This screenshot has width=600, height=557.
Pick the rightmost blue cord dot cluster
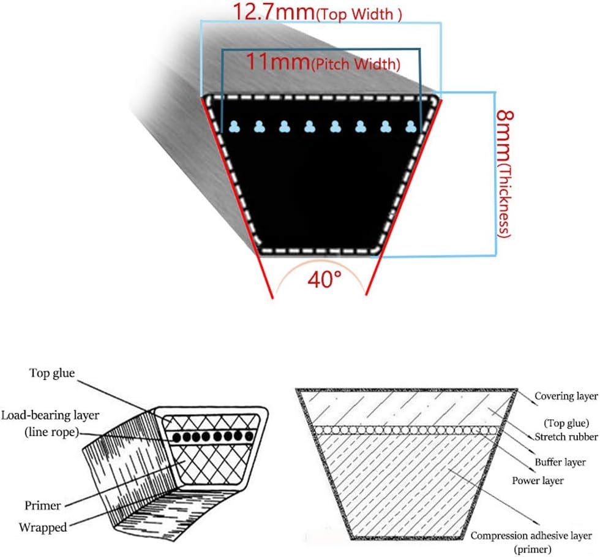(x=411, y=127)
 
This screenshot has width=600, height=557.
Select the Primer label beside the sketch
(x=42, y=506)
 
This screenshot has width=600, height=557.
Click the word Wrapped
(x=43, y=527)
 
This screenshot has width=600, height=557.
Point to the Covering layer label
(x=565, y=396)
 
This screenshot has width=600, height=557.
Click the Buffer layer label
(x=560, y=462)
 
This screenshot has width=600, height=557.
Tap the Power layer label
(x=538, y=480)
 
